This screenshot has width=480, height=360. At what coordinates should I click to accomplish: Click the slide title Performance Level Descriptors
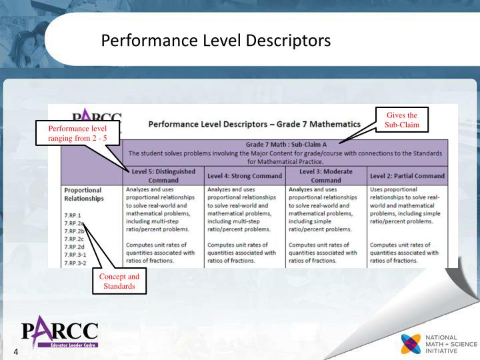215,41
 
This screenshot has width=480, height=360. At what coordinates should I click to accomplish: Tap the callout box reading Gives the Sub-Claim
401,120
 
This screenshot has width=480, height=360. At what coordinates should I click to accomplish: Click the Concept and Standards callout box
119,281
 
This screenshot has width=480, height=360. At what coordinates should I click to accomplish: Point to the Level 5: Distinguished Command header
163,176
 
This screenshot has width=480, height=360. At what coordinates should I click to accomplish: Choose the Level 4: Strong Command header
245,176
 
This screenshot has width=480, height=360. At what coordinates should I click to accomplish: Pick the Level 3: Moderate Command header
326,176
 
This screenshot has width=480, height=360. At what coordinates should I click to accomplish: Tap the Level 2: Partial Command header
407,176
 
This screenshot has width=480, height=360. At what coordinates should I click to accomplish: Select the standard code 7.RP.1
73,215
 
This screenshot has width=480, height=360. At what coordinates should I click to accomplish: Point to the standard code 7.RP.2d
74,246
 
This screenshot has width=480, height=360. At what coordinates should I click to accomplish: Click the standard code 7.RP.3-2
76,262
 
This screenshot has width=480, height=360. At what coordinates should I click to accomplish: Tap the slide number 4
12,353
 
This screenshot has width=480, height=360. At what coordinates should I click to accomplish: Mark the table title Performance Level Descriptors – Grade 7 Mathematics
254,124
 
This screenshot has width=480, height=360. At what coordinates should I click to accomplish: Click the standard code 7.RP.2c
74,239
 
